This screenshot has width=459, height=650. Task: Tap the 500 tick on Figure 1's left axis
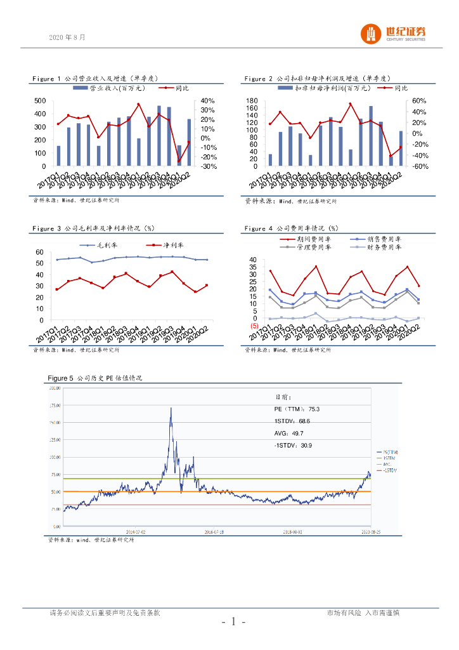coord(39,101)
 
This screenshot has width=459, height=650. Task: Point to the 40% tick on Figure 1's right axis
coord(207,101)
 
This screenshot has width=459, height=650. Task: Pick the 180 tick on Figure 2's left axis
coord(252,101)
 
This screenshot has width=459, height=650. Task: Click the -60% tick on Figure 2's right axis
coord(420,166)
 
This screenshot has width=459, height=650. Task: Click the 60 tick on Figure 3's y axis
coord(39,253)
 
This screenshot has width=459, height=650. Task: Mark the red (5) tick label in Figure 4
coord(252,326)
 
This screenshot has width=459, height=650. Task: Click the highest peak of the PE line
coord(171,408)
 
